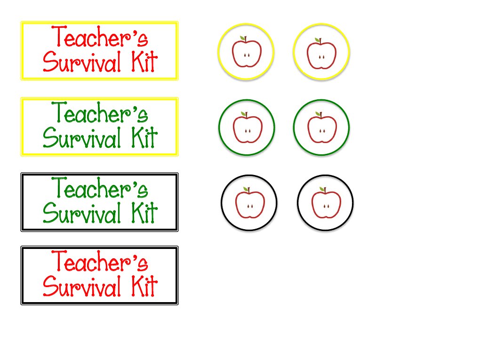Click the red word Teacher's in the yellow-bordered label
pyautogui.click(x=99, y=38)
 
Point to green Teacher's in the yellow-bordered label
pyautogui.click(x=99, y=114)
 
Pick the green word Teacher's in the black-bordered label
pyautogui.click(x=99, y=189)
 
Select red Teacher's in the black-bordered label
pyautogui.click(x=99, y=262)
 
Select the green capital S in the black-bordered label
pyautogui.click(x=49, y=214)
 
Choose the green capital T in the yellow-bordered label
pyautogui.click(x=59, y=113)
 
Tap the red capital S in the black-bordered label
pyautogui.click(x=49, y=287)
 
